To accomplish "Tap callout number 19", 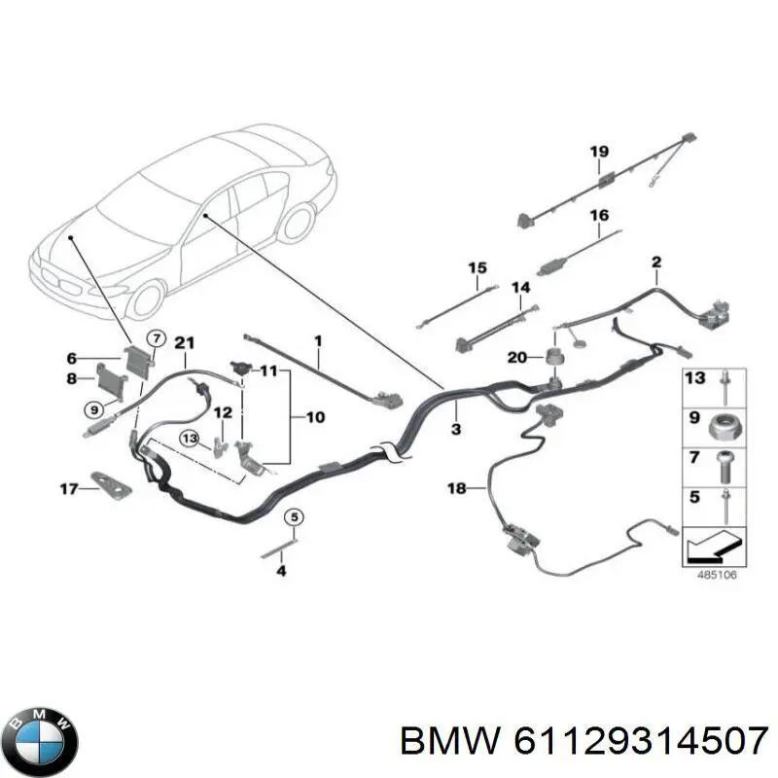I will point(599,151).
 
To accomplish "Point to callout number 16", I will point(599,215).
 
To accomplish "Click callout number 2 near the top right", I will point(655,262).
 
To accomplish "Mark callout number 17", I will point(66,488).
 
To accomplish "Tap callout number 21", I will point(184,341).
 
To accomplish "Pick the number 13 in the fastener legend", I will point(694,377).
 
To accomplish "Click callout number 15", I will point(476,267).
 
